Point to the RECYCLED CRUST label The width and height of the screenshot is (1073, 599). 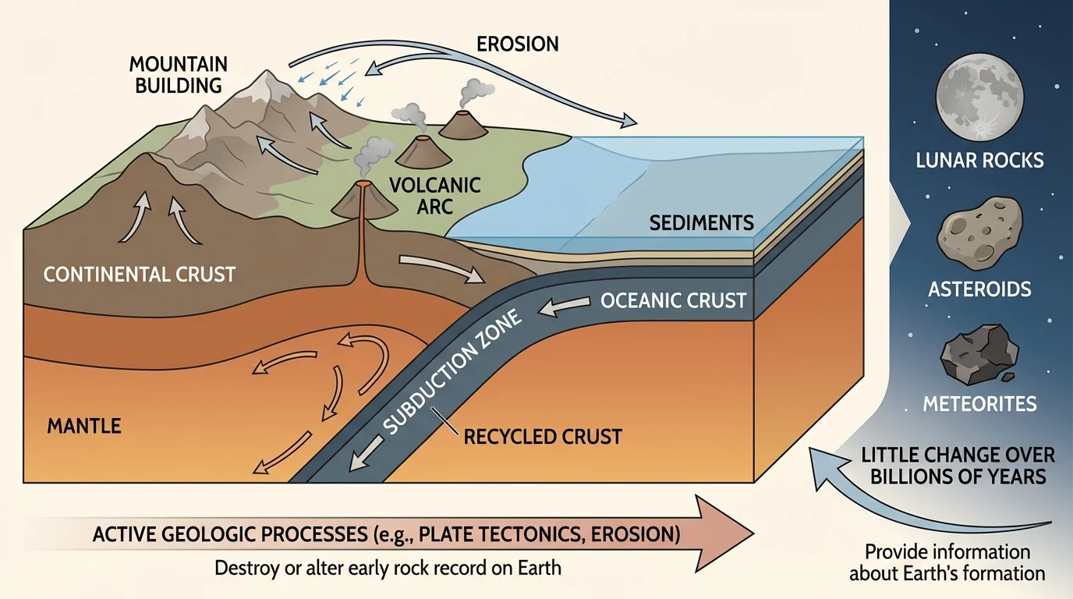pos(543,435)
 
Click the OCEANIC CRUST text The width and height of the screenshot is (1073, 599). pos(674,300)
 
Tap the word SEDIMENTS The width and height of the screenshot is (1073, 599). pos(701,223)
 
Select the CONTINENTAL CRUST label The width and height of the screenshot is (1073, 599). pos(140,274)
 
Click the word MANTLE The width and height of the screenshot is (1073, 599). pos(84,426)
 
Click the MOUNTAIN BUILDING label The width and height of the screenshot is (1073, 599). pos(179,73)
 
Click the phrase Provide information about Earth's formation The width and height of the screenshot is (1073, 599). pos(947,562)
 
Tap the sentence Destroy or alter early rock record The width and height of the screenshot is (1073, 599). pos(388,567)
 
